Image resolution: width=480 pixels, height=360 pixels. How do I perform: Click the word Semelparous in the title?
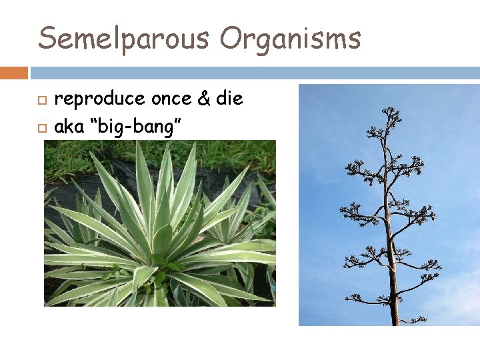point(123,38)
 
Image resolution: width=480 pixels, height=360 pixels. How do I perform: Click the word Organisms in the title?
point(290,39)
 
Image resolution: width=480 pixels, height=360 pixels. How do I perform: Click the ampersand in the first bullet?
point(205,99)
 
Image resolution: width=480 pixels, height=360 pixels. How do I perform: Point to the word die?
point(230,99)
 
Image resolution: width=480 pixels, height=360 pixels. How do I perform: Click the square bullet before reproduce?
point(41,100)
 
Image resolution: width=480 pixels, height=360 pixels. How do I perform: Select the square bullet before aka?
point(41,127)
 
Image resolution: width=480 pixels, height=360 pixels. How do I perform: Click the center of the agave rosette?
point(159,247)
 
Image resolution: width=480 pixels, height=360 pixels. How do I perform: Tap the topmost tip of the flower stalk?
point(389,110)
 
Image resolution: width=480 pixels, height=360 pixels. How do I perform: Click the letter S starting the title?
point(47,38)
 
